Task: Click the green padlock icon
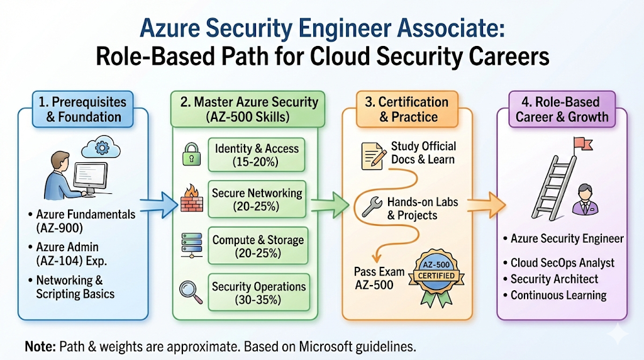coord(191,154)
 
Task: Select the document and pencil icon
coord(374,155)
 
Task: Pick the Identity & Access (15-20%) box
coord(257,155)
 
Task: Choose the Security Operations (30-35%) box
coord(258,293)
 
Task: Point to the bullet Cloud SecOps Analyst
coord(562,262)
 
